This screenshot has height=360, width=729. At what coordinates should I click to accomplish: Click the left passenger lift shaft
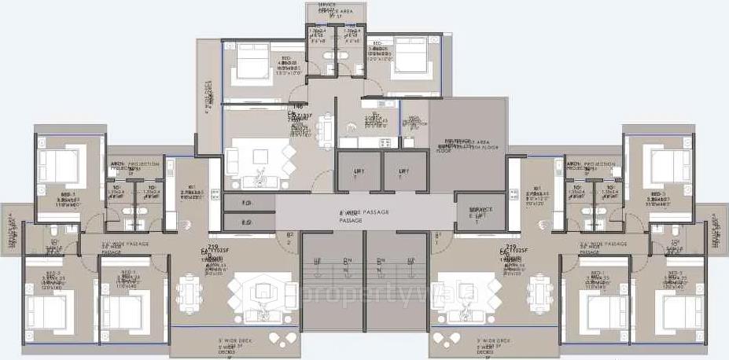[x=359, y=172]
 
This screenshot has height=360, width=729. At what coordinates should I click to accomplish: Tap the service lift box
[x=480, y=212]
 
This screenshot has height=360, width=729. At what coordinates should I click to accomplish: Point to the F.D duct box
[x=247, y=203]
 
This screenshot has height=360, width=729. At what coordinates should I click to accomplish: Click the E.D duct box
[x=247, y=223]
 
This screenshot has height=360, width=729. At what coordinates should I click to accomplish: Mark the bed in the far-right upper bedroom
[x=664, y=165]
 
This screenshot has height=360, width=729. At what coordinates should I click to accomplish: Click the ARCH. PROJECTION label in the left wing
[x=133, y=164]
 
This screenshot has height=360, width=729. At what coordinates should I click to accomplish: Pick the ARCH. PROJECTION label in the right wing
[x=591, y=164]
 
